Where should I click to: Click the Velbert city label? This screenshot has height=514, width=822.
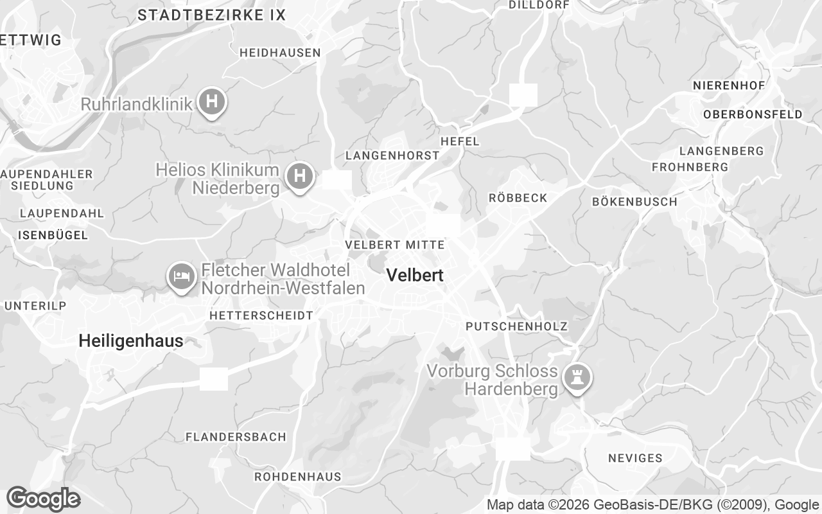pos(415,276)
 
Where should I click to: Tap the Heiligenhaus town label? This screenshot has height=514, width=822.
pos(131,341)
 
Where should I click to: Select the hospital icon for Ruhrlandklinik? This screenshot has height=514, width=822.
pos(211,102)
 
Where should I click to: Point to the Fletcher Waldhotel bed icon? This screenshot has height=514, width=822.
pos(182,276)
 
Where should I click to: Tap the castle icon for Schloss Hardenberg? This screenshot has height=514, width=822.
pos(576,377)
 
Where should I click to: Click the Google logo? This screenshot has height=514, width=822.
pos(43,499)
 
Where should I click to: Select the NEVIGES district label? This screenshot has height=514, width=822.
pos(634,458)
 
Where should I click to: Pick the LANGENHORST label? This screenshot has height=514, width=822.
pos(392,155)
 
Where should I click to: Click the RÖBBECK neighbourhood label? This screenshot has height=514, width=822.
pos(518,198)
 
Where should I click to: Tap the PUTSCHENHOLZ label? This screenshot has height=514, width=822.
pos(517,326)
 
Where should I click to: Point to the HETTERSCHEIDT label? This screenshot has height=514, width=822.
pos(261,315)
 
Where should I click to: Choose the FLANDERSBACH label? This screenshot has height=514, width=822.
pos(236,437)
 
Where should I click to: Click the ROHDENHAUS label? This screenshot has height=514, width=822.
pos(298,477)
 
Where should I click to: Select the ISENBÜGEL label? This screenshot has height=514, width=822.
pos(53,235)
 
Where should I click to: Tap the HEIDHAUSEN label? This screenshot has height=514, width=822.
pos(280,53)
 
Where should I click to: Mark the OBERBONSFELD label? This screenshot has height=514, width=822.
pos(753,114)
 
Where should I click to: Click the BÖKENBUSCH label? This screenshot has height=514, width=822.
pos(634,202)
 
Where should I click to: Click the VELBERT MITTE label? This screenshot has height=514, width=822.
pos(394,245)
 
